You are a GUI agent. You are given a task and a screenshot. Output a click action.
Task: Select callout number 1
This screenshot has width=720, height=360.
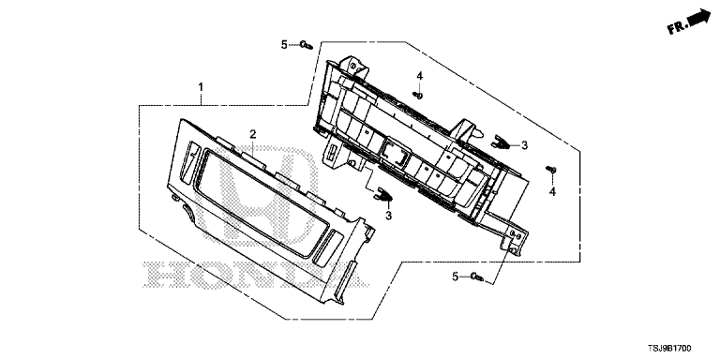point(201,87)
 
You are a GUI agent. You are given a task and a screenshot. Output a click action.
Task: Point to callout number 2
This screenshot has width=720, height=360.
point(252,134)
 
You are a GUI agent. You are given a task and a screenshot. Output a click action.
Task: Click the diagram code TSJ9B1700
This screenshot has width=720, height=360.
point(669,349)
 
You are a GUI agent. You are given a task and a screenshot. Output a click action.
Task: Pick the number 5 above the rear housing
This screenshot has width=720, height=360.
point(284,45)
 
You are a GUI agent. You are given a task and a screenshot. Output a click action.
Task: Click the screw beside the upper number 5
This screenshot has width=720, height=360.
point(306,45)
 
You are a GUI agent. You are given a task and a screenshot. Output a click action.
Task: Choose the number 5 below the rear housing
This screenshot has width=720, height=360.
point(455,277)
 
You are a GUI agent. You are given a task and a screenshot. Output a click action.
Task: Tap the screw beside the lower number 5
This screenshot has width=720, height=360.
point(477,277)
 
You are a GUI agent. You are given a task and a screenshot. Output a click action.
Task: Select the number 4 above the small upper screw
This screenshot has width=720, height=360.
point(420,76)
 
